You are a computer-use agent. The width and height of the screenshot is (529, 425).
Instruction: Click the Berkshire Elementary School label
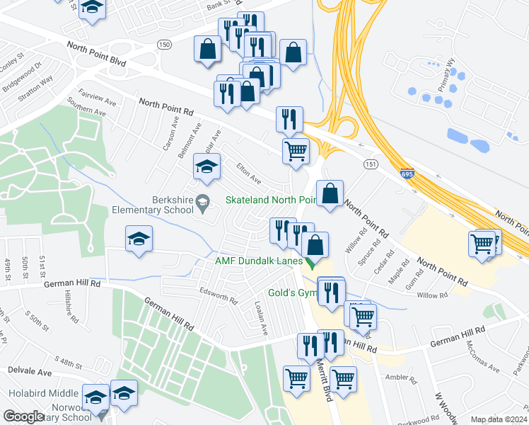tap(153, 204)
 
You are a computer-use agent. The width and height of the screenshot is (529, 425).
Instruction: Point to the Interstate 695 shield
tap(406, 173)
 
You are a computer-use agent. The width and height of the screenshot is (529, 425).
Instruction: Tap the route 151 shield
tap(370, 164)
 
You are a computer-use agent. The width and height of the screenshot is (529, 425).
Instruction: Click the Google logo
tap(23, 416)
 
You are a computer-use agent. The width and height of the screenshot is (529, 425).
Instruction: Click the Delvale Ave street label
tap(30, 371)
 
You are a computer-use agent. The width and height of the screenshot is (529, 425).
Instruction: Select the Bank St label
tap(219, 7)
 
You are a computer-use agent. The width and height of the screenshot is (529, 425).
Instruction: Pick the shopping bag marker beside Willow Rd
tap(330, 194)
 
